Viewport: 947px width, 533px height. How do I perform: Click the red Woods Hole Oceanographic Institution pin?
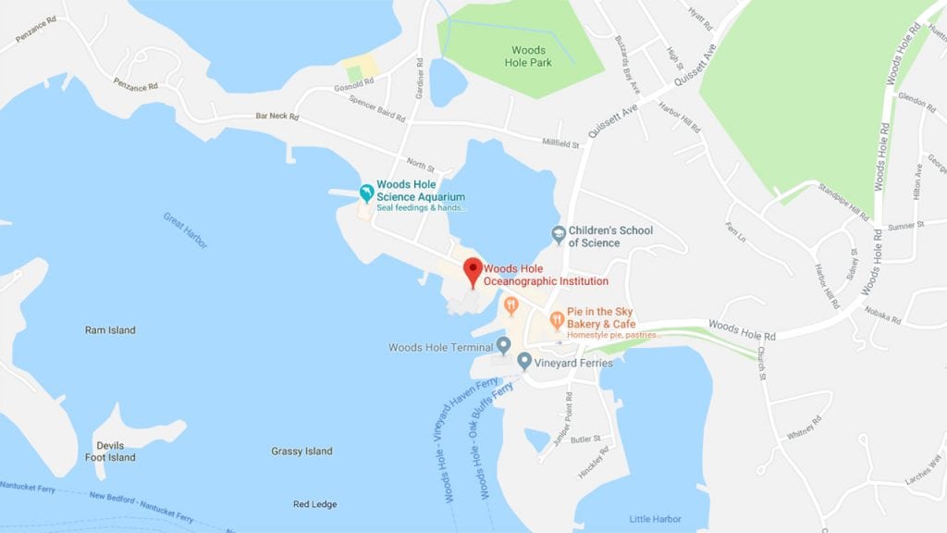473,270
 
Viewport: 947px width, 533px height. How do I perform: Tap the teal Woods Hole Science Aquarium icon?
367,192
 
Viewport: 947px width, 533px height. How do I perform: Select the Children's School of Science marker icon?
558,235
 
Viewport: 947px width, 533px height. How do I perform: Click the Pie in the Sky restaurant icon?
557,320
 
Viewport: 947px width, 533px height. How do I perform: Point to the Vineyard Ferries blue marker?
524,361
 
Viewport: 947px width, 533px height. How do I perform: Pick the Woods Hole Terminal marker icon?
504,345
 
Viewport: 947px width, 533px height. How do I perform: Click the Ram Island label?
110,330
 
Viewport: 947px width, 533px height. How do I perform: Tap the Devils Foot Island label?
109,452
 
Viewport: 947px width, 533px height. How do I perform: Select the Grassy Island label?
301,452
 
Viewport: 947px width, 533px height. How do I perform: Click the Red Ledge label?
314,504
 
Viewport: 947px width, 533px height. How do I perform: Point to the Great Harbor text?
186,230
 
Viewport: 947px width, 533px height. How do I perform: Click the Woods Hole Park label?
529,56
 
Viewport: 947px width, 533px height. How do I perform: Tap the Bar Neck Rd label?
277,117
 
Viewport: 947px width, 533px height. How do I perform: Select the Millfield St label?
560,143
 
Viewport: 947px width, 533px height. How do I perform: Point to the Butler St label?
585,439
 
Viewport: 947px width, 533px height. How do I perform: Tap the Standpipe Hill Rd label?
843,202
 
